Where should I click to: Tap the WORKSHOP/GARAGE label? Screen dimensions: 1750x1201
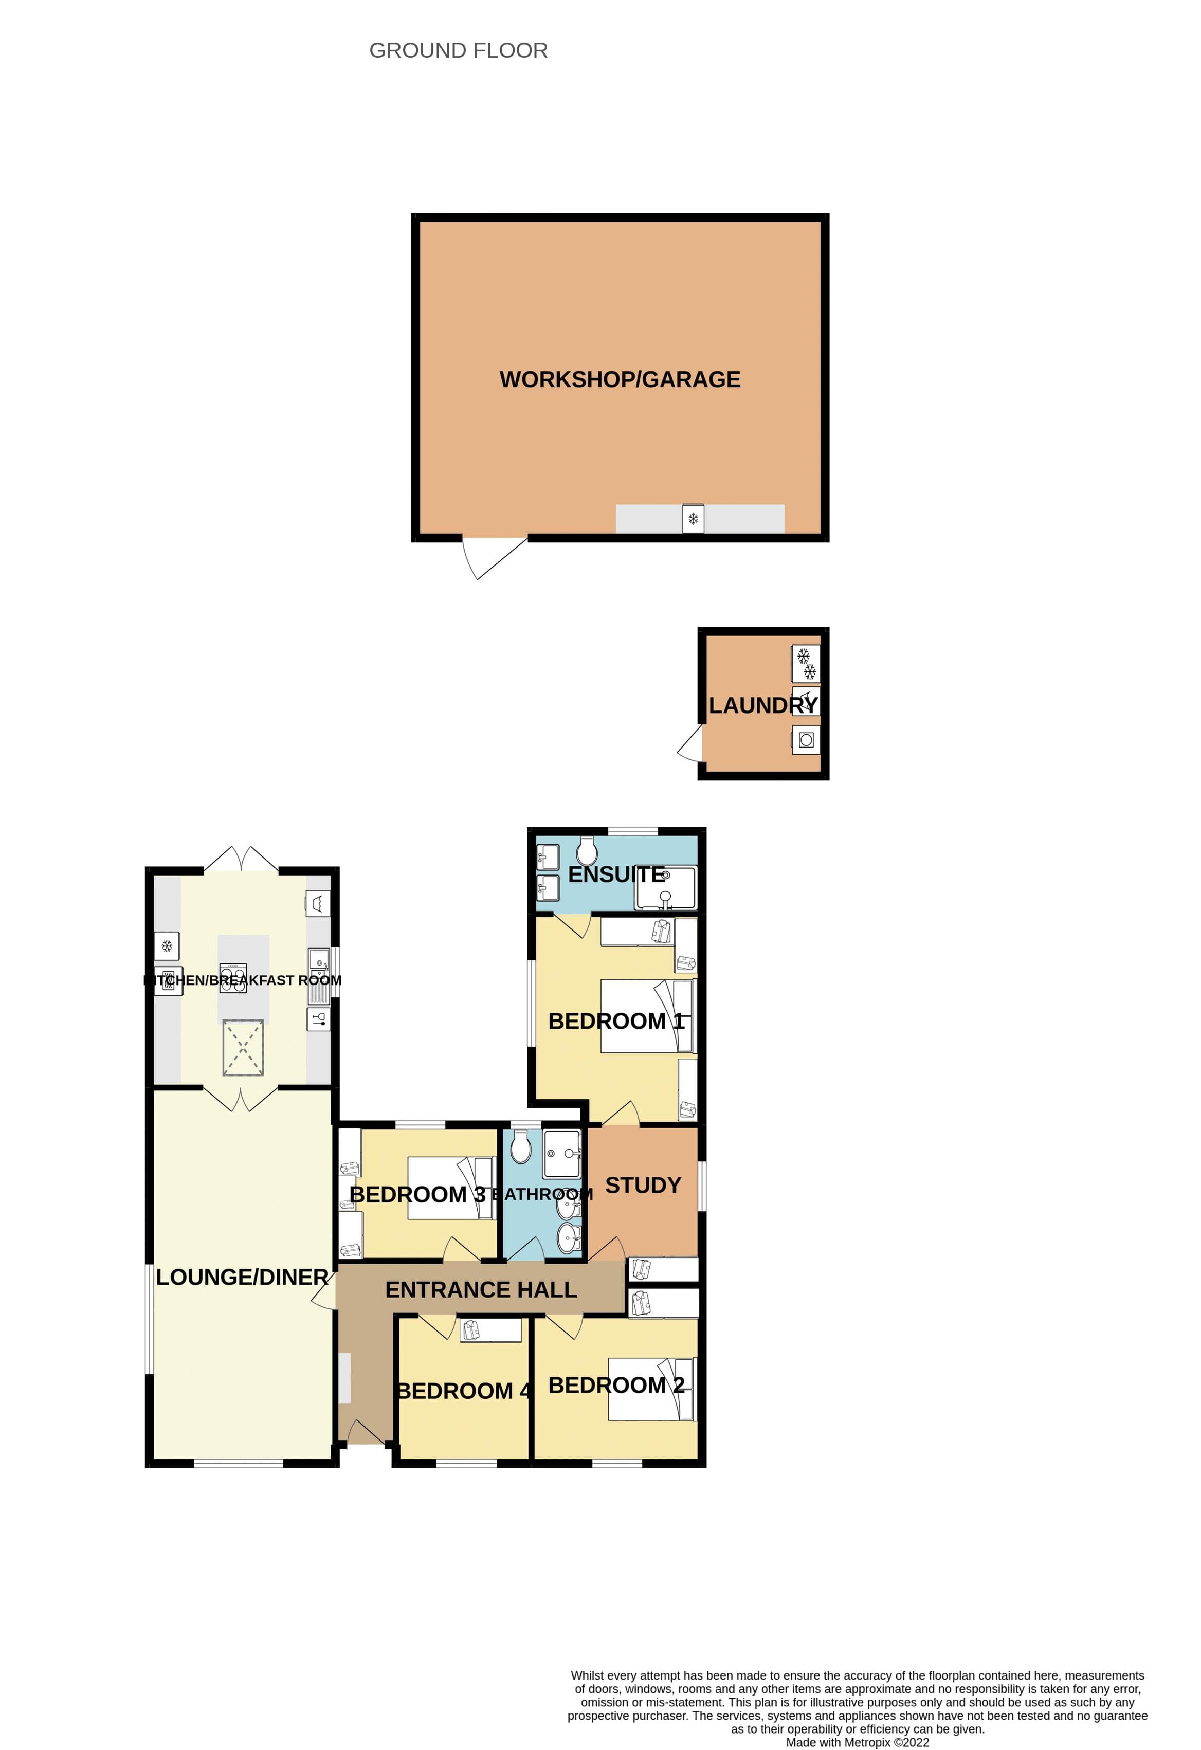click(x=620, y=379)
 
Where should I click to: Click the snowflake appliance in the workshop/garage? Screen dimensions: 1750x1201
click(x=693, y=519)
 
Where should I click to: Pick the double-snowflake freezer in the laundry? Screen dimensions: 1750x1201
click(x=806, y=663)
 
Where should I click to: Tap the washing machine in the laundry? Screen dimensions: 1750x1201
click(x=806, y=740)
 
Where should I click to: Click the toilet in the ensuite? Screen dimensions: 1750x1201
click(x=587, y=852)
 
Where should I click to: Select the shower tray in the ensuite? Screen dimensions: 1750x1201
click(x=666, y=888)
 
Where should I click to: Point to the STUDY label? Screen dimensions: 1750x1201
click(x=643, y=1185)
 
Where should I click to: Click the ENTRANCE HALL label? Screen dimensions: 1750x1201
click(x=481, y=1290)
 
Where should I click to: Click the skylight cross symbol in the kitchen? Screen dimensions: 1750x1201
click(x=243, y=1047)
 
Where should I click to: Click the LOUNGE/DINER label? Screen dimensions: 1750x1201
click(x=242, y=1277)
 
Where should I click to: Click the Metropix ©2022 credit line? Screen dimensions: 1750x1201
click(x=857, y=1742)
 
